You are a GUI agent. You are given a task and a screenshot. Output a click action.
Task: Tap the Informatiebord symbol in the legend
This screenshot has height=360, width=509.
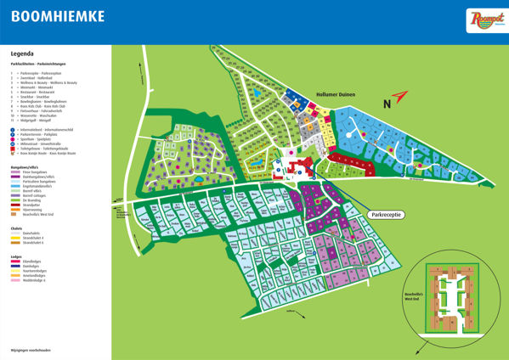tap(13, 128)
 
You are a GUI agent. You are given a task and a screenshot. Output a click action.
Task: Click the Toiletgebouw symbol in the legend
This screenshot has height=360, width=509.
tap(13, 149)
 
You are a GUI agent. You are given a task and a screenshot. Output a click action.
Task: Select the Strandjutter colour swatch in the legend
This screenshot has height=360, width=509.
tap(15, 205)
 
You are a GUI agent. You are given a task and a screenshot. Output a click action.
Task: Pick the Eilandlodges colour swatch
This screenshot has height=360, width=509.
tap(15, 262)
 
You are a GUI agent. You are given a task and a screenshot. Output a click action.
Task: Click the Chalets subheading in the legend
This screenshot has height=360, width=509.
tap(17, 225)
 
